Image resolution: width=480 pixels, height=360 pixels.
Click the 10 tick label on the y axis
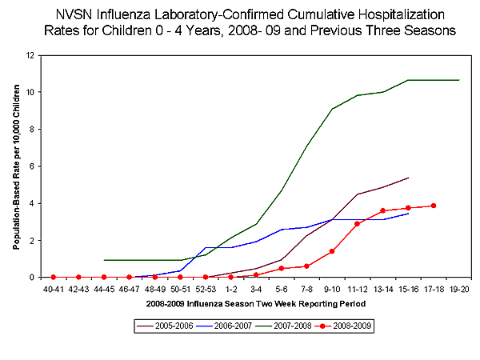click(30, 92)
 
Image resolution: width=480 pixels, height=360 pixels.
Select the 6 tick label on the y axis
click(33, 166)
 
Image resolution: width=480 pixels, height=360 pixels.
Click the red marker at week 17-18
click(434, 206)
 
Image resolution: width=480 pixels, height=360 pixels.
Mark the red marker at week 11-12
click(358, 224)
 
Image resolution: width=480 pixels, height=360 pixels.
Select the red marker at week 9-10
click(332, 251)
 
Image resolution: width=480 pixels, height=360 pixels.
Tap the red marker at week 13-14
click(383, 210)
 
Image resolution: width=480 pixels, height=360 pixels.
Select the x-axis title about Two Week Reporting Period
click(255, 304)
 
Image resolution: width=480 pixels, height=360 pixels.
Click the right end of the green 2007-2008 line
click(459, 80)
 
